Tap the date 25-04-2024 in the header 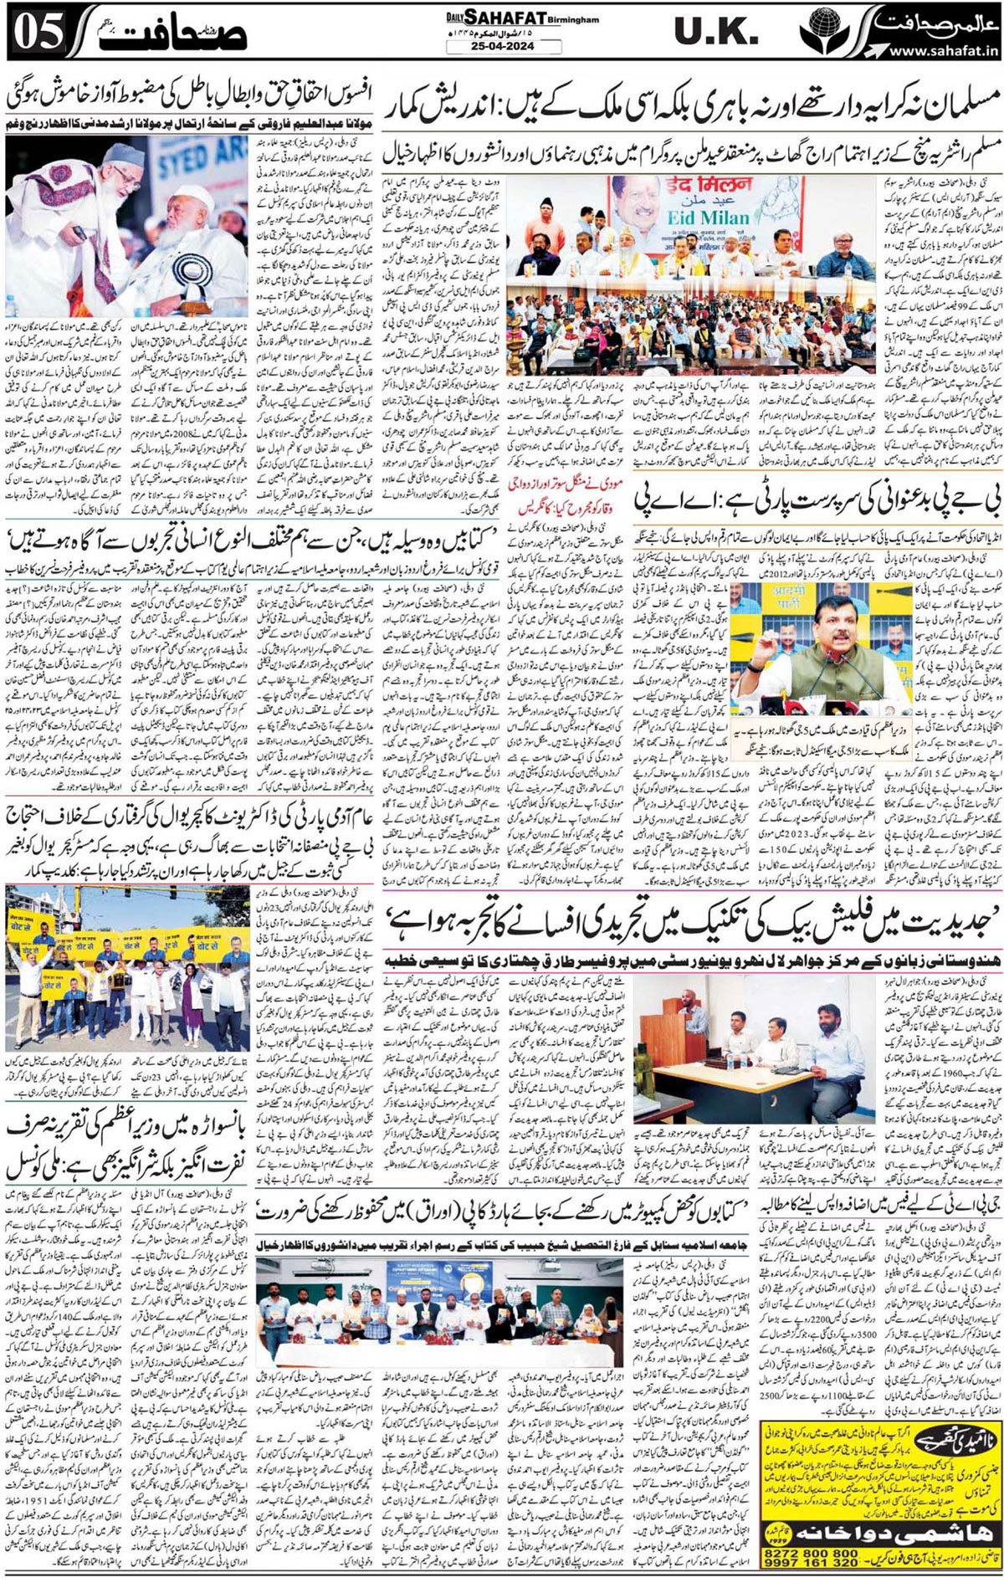(x=502, y=47)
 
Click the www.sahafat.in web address (x=945, y=51)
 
